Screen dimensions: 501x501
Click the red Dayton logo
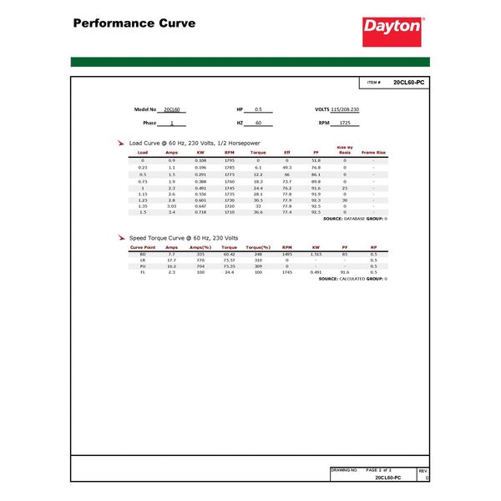392,28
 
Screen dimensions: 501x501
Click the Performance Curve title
134,23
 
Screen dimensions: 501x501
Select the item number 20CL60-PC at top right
409,83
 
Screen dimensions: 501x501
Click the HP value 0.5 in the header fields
258,109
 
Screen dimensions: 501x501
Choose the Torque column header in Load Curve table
259,153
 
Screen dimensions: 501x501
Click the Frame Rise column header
373,153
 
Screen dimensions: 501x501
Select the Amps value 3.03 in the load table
172,205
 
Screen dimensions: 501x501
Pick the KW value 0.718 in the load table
200,212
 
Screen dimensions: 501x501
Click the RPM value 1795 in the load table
230,159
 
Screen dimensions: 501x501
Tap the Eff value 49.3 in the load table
287,167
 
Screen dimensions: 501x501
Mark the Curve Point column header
143,248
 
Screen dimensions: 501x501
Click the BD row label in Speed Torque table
143,254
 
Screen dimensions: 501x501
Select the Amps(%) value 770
200,260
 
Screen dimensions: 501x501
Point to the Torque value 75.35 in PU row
230,266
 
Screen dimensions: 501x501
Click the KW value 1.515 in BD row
316,254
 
